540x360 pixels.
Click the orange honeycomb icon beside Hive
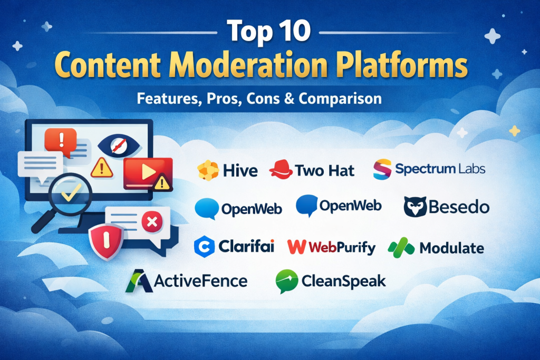[x=208, y=170]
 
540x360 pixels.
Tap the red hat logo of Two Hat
[x=281, y=169]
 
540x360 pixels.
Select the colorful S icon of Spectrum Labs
[x=382, y=169]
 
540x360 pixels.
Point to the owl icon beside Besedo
[x=415, y=207]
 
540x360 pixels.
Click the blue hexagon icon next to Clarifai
[x=205, y=247]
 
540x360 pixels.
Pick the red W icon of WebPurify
[x=296, y=247]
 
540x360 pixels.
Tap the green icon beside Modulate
[x=401, y=247]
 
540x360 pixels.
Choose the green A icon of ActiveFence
[x=139, y=281]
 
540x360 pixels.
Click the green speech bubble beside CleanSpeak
[x=286, y=281]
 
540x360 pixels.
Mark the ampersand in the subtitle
[x=290, y=99]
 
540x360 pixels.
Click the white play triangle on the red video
[x=148, y=171]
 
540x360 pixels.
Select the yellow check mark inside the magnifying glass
[x=71, y=192]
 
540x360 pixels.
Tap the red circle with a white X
[x=152, y=222]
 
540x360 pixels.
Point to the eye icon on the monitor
[x=119, y=146]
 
